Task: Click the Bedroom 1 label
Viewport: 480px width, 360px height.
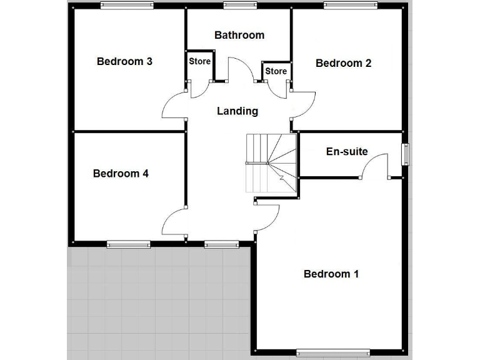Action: [x=331, y=274]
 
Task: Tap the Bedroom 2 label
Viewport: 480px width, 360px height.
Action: [x=343, y=63]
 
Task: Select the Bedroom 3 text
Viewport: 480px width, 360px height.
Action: [x=124, y=61]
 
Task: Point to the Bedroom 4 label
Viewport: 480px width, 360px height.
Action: [x=121, y=173]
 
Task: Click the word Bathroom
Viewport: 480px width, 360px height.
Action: [x=239, y=35]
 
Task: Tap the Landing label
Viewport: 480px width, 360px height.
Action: [x=237, y=111]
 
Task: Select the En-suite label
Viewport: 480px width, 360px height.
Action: [x=347, y=151]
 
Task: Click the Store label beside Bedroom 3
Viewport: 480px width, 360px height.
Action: [x=200, y=62]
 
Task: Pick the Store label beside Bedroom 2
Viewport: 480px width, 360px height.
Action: [x=276, y=71]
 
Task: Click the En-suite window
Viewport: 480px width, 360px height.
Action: [x=405, y=154]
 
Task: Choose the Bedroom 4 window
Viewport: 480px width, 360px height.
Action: [x=128, y=244]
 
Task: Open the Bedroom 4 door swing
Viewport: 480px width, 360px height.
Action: [x=174, y=222]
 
